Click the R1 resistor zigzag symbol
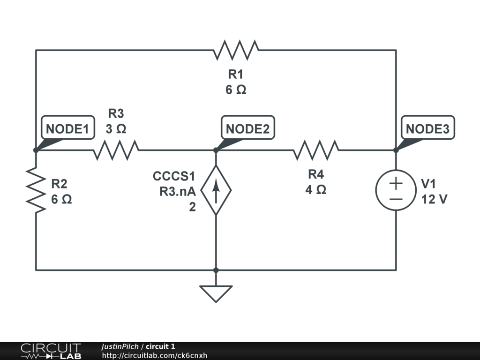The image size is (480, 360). [236, 50]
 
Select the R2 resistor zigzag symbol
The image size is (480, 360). [36, 189]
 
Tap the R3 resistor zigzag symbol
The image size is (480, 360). [116, 150]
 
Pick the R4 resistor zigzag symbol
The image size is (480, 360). [316, 150]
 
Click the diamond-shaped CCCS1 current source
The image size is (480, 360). [216, 190]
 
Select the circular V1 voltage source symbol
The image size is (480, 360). [396, 190]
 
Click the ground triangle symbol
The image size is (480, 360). [216, 293]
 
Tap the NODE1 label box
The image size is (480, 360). [67, 128]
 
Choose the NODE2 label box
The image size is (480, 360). [247, 128]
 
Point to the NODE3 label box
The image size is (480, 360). [427, 128]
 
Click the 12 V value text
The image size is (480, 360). [434, 199]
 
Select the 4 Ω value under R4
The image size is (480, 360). [316, 190]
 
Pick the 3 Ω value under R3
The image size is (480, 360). [116, 128]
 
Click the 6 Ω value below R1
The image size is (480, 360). [236, 89]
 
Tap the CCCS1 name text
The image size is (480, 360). [174, 176]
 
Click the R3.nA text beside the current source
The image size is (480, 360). [177, 191]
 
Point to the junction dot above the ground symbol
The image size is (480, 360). [216, 270]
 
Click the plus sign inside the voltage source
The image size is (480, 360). [396, 183]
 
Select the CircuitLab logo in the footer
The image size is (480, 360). [51, 351]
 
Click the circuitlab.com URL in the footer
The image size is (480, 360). [155, 356]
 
